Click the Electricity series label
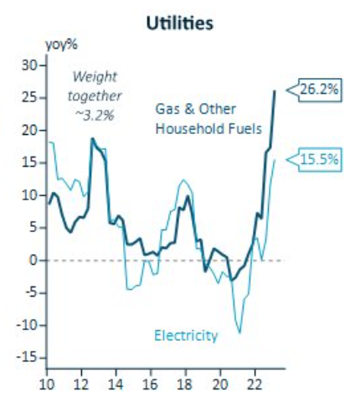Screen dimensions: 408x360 click(x=186, y=336)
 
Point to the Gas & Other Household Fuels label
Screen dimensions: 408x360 click(x=209, y=120)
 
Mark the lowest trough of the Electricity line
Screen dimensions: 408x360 click(x=239, y=333)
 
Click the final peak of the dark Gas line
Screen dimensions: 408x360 click(x=275, y=90)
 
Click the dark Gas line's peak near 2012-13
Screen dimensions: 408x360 click(x=92, y=138)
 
